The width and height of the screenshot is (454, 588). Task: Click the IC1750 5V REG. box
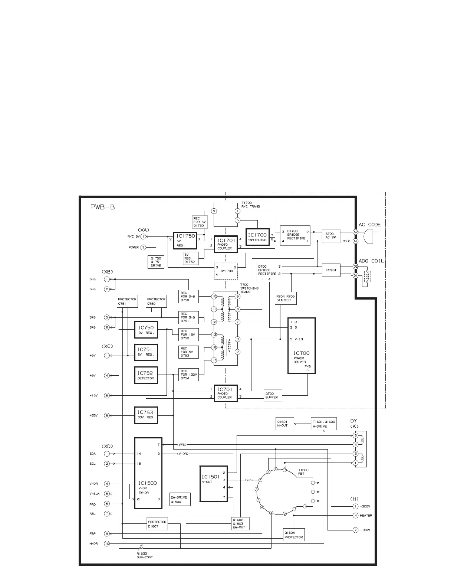coord(185,241)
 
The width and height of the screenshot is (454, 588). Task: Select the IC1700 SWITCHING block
coord(257,237)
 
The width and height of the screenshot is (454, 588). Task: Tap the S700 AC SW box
coord(331,236)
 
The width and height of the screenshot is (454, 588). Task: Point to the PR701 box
coord(331,270)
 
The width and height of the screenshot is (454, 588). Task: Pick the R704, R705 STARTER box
coord(286,298)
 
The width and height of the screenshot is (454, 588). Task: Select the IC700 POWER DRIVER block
coord(302,346)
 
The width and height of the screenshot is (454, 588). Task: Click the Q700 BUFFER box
coord(273,396)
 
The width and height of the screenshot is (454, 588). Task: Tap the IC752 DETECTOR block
coord(145,375)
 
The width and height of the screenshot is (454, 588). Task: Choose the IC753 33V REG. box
coord(145,415)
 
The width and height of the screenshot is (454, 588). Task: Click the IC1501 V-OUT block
coord(214,484)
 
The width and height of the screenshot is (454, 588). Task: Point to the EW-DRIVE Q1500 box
coord(180,499)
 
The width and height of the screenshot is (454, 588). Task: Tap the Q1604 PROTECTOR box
coord(294,535)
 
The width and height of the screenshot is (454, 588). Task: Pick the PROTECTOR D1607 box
coord(157,524)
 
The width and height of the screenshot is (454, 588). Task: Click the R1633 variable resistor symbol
coord(140,547)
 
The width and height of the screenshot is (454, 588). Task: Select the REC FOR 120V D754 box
coord(189,375)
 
